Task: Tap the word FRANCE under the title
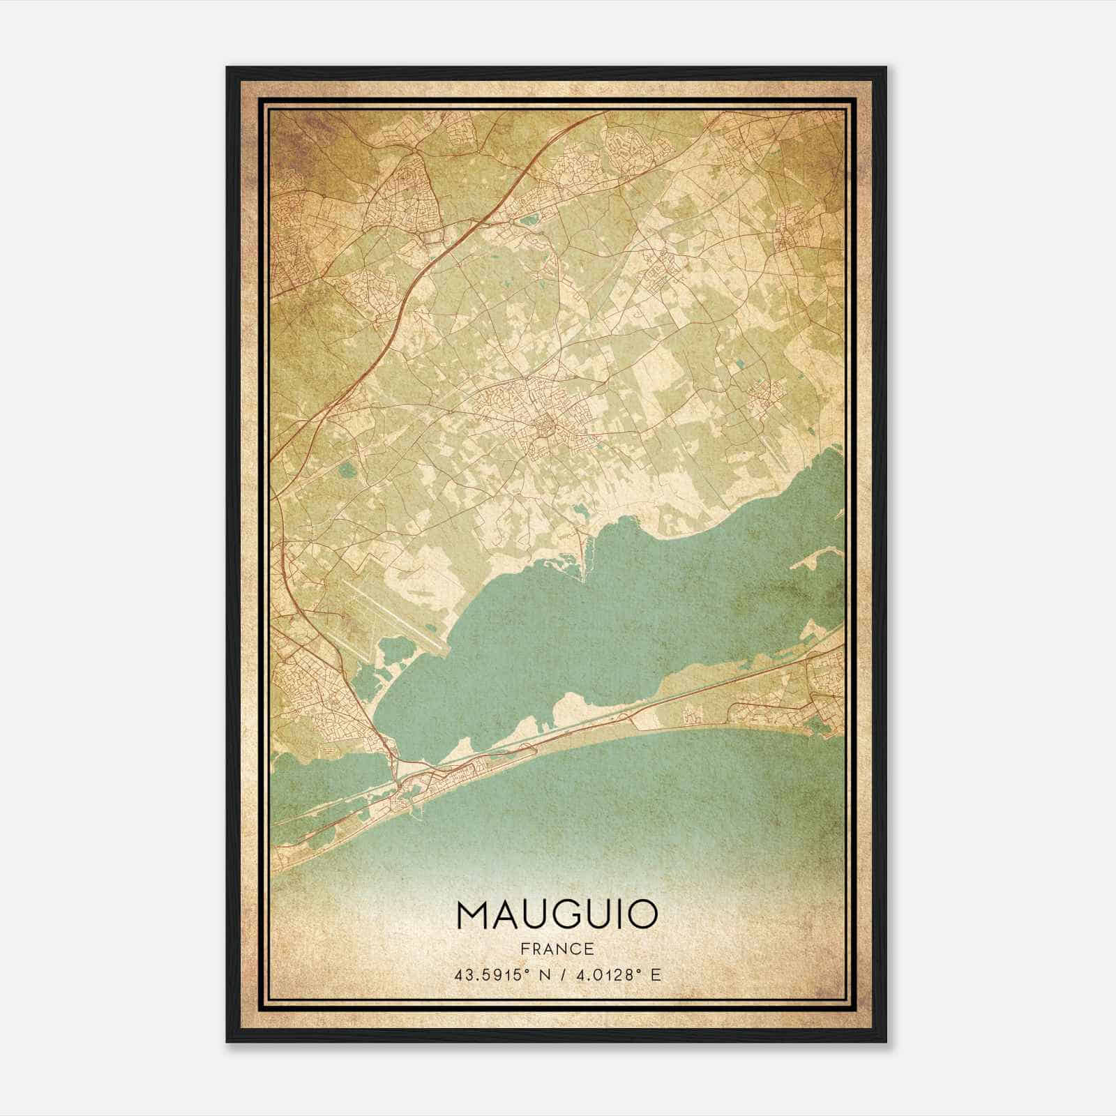point(557,949)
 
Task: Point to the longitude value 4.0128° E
point(617,975)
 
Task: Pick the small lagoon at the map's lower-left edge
point(328,774)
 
